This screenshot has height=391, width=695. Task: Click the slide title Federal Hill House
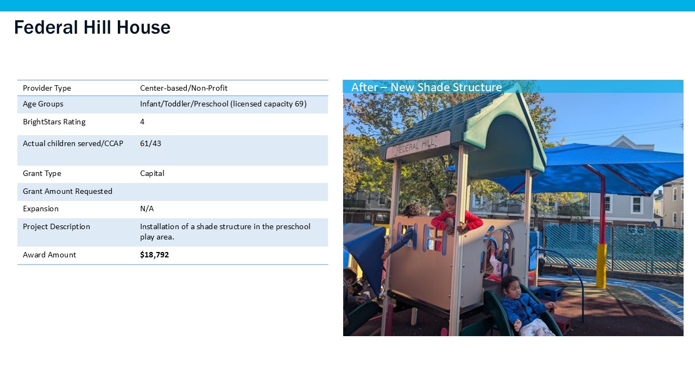92,27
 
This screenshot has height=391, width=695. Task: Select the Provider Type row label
47,88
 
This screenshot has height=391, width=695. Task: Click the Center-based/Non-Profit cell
184,88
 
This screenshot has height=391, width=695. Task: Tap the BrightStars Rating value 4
142,122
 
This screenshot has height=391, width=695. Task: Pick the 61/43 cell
150,143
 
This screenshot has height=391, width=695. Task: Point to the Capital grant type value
152,173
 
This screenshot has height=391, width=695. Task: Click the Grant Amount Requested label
68,191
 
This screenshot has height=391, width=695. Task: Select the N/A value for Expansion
147,209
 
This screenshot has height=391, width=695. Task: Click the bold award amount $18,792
154,255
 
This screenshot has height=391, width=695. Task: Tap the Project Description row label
56,226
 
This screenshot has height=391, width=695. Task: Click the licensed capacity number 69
299,104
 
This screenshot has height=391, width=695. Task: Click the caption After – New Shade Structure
426,87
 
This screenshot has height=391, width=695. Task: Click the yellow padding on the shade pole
601,266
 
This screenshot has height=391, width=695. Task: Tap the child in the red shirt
456,215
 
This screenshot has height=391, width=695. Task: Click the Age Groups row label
43,104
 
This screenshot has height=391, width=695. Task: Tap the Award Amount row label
49,255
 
